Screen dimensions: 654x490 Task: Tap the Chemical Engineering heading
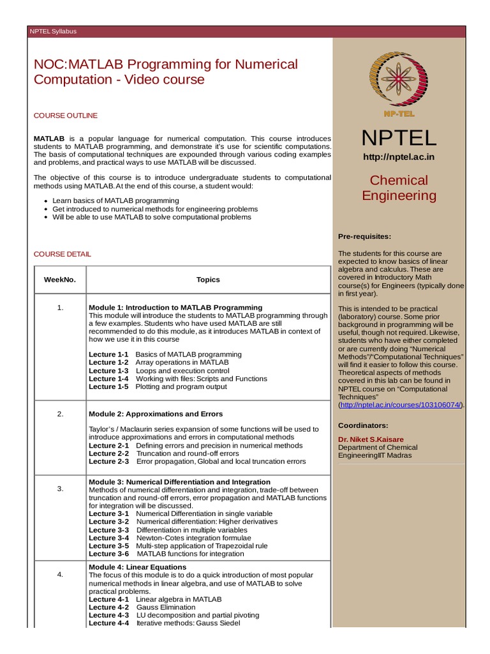coord(399,188)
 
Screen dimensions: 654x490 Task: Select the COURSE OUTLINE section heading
coord(66,116)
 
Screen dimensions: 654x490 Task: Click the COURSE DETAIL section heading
coord(62,254)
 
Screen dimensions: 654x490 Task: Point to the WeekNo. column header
coord(60,280)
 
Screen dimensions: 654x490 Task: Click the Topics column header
coord(208,280)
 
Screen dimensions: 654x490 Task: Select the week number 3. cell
coord(60,489)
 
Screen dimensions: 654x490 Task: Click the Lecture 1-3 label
coord(108,370)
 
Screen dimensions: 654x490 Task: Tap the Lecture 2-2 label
coord(108,453)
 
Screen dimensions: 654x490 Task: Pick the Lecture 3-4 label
coord(108,538)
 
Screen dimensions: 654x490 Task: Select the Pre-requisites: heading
coord(364,237)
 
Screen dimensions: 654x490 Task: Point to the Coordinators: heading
coord(363,425)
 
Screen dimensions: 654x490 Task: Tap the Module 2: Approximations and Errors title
coord(156,414)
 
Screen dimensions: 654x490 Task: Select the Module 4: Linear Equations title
coord(137,567)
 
